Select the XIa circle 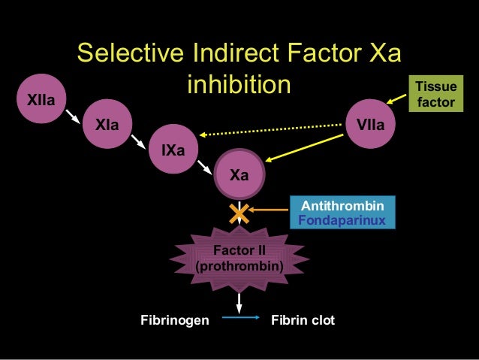point(106,123)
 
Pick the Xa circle point(239,176)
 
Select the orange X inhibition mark point(239,213)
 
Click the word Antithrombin point(342,206)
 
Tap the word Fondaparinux point(342,220)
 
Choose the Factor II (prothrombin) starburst point(239,258)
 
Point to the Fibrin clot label point(302,321)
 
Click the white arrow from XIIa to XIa point(73,114)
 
